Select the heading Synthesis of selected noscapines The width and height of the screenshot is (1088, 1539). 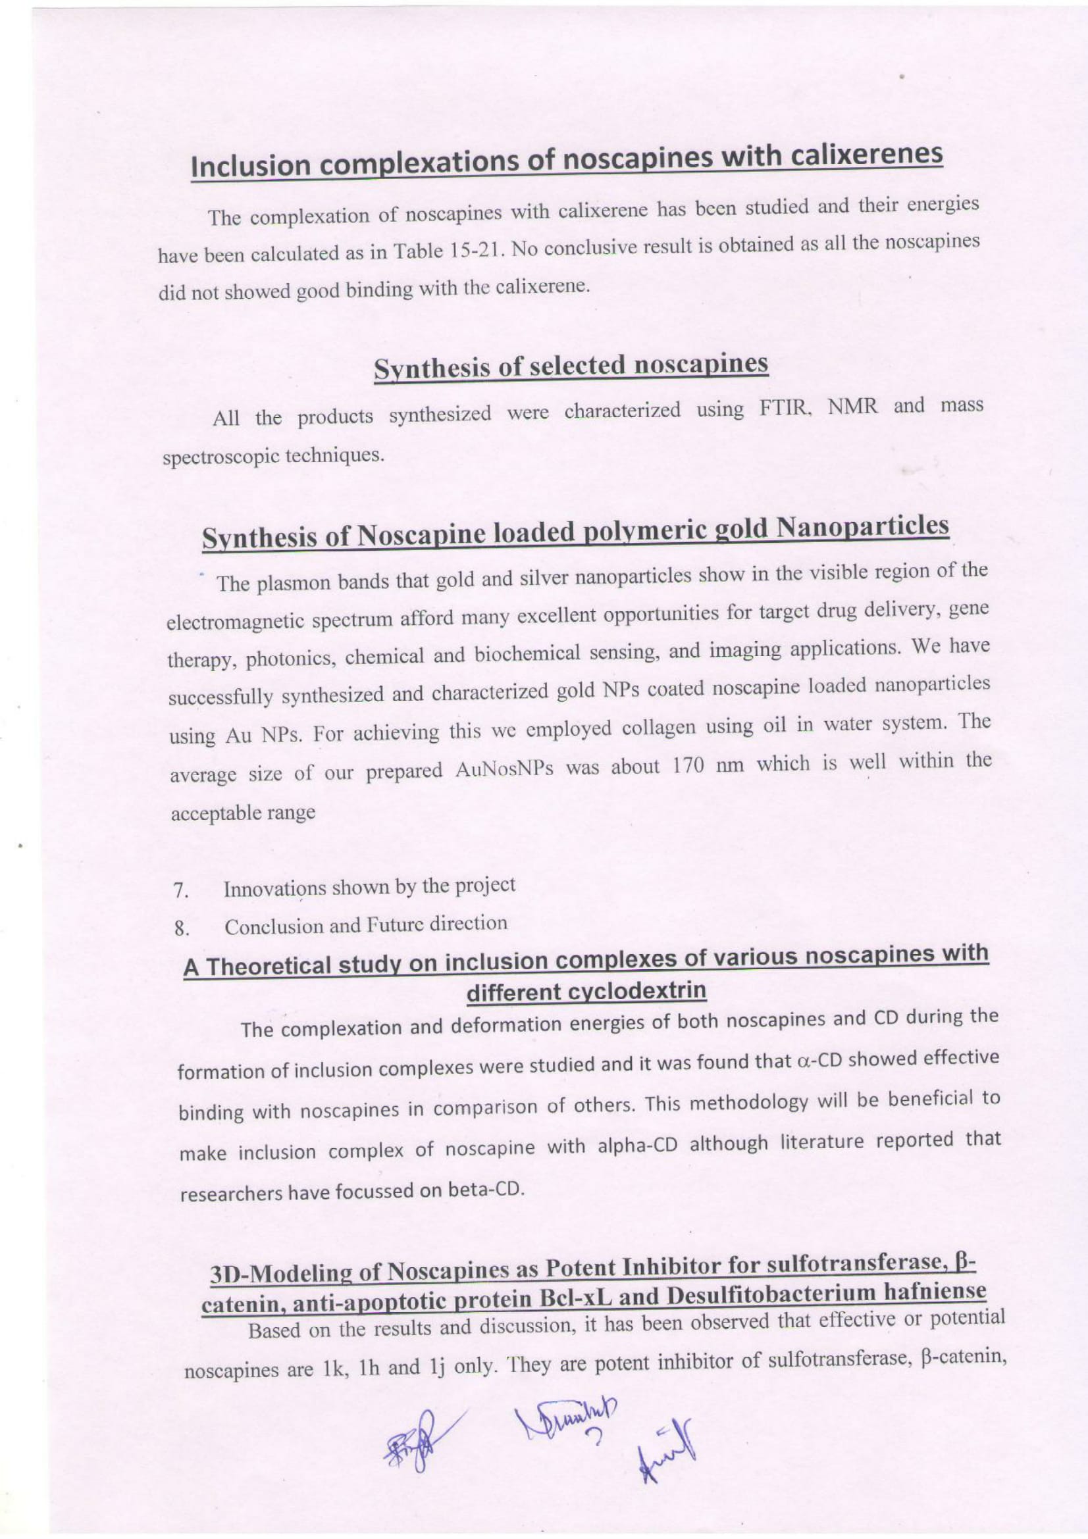tap(571, 366)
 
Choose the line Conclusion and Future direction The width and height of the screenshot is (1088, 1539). tap(365, 926)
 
